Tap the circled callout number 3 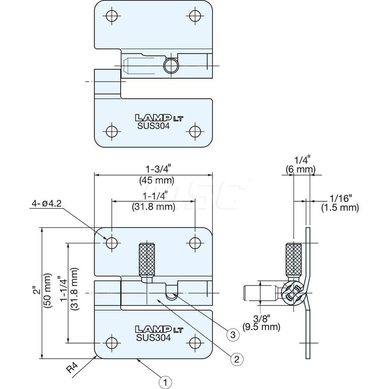click(232, 334)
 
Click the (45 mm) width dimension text click(153, 180)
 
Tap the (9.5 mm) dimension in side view click(261, 327)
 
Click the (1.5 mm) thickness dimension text click(340, 208)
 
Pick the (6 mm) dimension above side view click(300, 169)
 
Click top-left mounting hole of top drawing click(112, 16)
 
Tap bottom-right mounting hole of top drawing click(194, 130)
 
